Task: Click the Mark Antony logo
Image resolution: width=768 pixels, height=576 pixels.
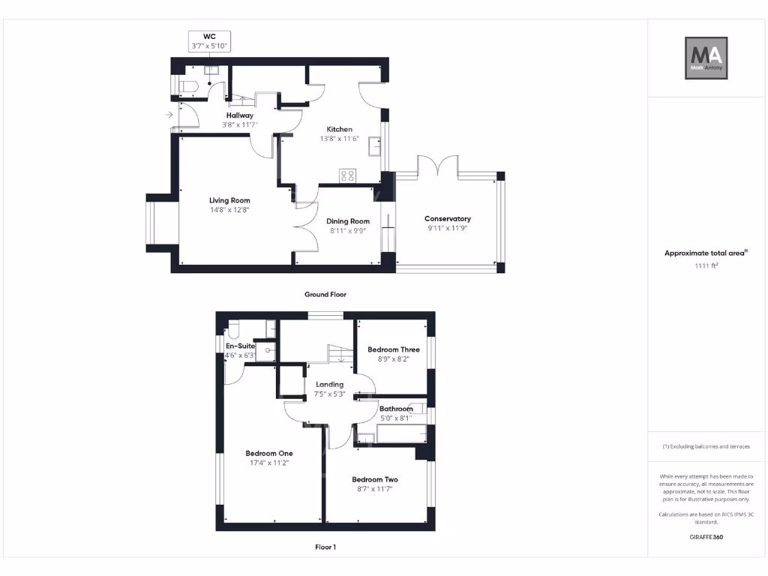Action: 707,58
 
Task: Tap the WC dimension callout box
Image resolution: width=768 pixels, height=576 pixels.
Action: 209,41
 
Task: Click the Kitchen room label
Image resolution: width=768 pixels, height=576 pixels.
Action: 338,130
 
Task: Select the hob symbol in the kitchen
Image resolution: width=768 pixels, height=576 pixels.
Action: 348,175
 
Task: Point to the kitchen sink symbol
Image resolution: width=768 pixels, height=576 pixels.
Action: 374,148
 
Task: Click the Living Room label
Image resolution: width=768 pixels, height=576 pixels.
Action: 229,200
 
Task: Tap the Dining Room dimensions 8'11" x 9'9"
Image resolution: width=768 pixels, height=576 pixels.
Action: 349,232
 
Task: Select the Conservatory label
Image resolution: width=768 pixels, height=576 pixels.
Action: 448,219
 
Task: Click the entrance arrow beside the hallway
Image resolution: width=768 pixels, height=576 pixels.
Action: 169,115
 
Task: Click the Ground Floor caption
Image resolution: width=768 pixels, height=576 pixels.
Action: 325,295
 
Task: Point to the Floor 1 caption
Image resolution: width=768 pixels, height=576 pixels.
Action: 325,547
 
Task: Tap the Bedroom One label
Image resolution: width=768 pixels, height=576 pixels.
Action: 269,453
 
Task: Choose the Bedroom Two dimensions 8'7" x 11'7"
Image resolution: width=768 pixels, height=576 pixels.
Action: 375,489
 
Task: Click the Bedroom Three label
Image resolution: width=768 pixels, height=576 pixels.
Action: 393,349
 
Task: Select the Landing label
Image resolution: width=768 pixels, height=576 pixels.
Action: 329,385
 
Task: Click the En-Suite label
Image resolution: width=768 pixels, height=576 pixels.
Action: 241,346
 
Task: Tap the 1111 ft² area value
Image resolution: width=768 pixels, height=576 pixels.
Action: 706,265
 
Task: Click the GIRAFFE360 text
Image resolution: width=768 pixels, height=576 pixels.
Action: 706,537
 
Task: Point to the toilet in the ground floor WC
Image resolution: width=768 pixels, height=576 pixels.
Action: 188,88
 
